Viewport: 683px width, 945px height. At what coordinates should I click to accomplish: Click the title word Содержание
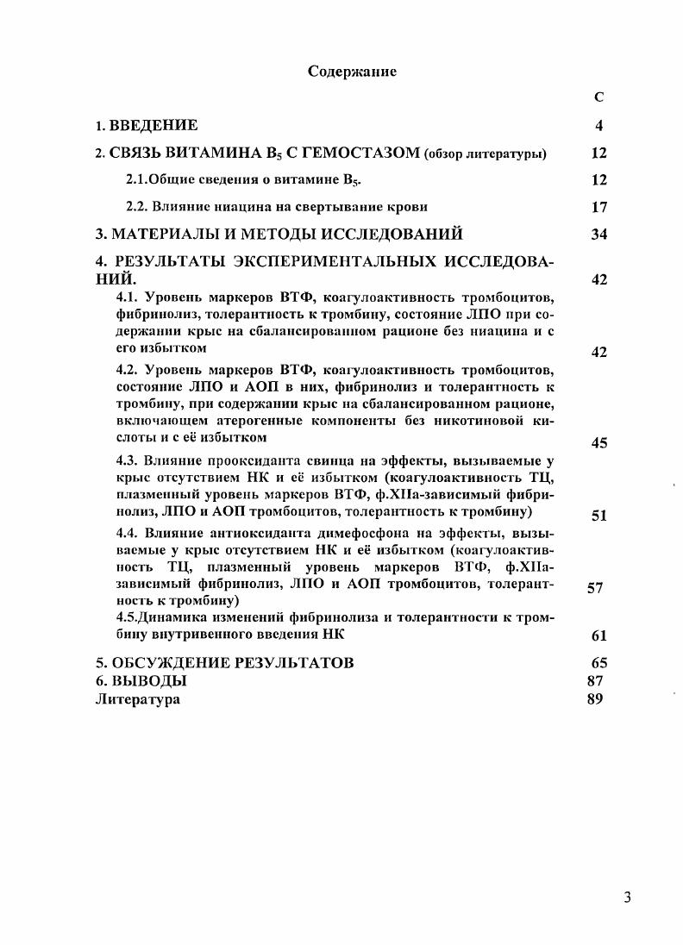352,72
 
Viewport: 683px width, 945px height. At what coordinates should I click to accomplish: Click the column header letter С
599,98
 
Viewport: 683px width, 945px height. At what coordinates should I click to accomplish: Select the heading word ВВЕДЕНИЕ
152,126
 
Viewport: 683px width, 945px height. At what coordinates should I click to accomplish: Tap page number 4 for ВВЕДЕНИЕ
599,126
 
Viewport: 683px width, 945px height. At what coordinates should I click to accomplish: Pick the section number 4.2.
128,369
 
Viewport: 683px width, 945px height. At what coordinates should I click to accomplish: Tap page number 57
594,588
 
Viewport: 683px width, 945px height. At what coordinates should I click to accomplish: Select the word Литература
137,699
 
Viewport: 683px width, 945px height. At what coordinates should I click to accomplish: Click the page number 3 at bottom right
627,898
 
